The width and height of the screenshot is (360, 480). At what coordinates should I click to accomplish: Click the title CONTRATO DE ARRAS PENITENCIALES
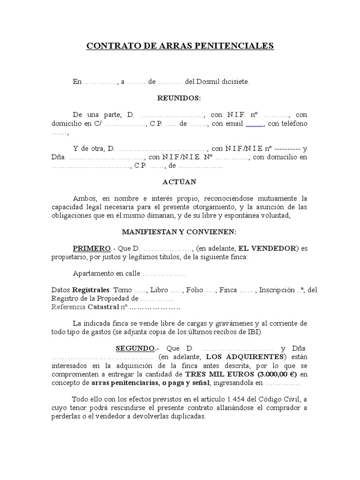[x=180, y=46]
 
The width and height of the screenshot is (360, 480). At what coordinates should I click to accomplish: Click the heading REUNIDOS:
[x=180, y=98]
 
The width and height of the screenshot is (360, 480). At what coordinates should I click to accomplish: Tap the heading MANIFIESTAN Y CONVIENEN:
[x=180, y=232]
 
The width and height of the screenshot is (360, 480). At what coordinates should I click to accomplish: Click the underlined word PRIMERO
[x=91, y=248]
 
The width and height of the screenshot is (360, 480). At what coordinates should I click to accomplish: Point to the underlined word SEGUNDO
[x=135, y=348]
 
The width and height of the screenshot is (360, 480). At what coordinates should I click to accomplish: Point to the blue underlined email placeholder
[x=255, y=124]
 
